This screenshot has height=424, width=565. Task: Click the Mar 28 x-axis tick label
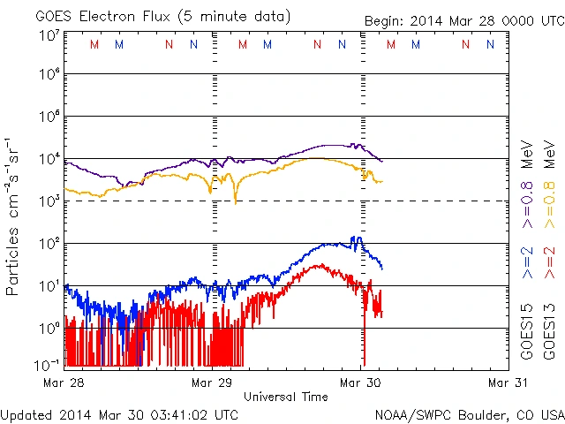click(64, 382)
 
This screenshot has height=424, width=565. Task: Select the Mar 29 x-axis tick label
click(212, 382)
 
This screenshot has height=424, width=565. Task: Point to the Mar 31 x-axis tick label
click(508, 382)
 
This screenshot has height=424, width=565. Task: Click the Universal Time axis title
click(285, 397)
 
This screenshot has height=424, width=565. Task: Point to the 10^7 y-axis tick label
click(49, 35)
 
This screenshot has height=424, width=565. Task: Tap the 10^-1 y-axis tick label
click(48, 365)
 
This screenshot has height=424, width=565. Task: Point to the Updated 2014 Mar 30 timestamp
click(119, 413)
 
